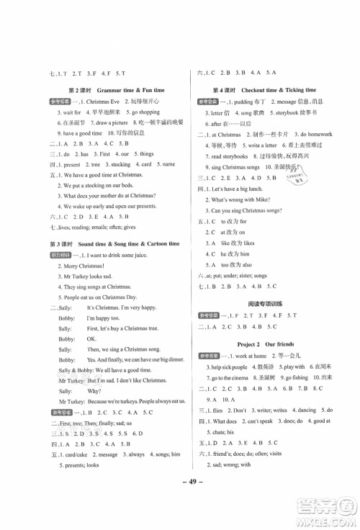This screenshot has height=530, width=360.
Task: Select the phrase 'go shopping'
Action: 143,112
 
